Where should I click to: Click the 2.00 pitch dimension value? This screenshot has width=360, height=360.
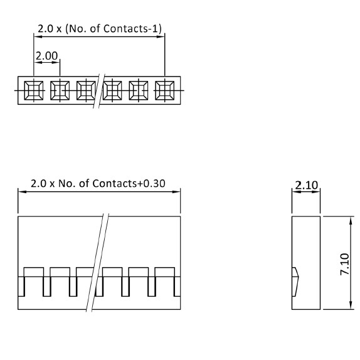coord(46,56)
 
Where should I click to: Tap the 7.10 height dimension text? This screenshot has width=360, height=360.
coord(345,264)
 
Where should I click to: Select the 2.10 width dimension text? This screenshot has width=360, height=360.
coord(306,185)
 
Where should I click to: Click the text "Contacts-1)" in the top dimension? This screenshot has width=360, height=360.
coord(132,28)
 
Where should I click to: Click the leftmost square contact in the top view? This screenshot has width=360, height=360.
coord(34,90)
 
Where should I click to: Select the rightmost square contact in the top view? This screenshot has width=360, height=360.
coord(164,90)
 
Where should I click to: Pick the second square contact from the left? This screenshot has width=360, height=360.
coord(60,90)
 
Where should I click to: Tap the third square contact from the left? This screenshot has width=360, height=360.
coord(86,90)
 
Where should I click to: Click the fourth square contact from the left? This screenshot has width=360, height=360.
coord(112,90)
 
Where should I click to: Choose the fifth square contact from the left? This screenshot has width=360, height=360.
coord(139,90)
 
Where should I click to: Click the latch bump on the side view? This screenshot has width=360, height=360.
coord(295,282)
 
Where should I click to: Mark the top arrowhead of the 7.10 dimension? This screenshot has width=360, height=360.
coord(351,221)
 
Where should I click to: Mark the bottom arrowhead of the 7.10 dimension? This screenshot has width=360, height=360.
coord(351,305)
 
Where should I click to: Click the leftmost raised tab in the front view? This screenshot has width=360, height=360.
coord(34,272)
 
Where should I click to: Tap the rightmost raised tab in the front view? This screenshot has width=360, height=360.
coord(164,272)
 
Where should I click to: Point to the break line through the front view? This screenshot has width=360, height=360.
coord(98,262)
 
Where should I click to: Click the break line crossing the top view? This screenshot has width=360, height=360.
coord(99,91)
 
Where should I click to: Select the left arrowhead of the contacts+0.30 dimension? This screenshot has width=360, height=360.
coord(23,192)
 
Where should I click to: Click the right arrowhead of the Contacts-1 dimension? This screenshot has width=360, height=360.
coord(161,36)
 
